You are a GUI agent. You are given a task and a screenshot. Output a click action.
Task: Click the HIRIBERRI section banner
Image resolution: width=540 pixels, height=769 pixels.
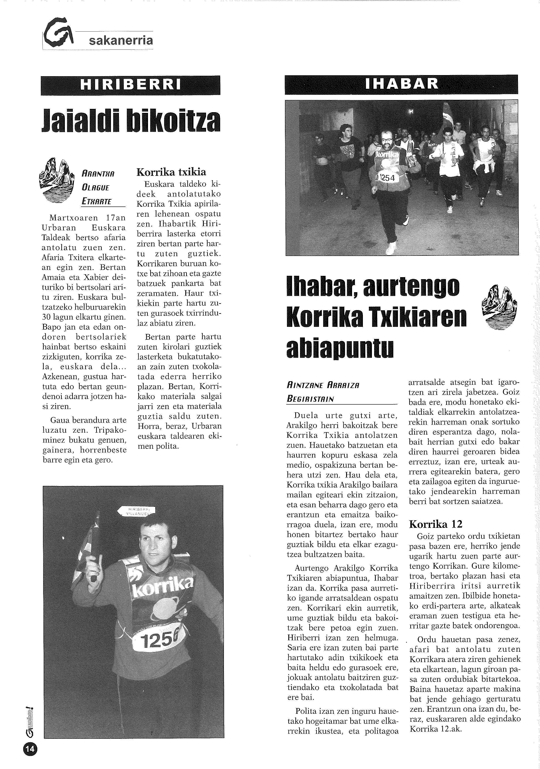[x=131, y=85]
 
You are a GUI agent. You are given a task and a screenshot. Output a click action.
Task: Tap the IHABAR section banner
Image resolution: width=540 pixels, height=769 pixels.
[x=401, y=84]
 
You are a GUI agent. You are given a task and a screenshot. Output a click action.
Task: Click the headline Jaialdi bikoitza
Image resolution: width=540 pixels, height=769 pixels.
[x=131, y=122]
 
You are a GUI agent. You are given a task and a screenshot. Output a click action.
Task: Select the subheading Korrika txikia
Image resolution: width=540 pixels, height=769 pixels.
[x=171, y=172]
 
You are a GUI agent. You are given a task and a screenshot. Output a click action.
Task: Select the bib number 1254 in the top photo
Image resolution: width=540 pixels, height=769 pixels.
[x=387, y=178]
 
